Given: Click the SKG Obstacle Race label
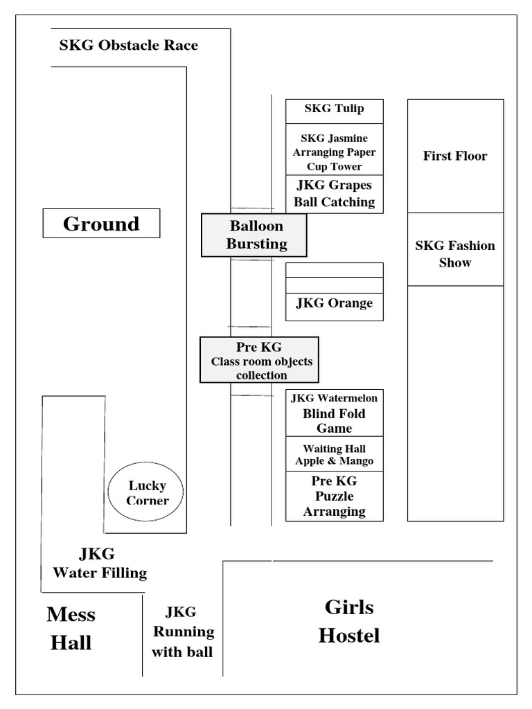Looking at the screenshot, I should [x=128, y=46].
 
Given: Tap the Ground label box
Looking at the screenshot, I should [x=101, y=224].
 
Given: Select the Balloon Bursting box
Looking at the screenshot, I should [x=254, y=235].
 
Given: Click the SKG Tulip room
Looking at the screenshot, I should [x=334, y=109].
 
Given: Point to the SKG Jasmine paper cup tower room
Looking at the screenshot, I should [x=334, y=152].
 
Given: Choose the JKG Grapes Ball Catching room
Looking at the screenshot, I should [x=334, y=194].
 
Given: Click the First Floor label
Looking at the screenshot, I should [x=455, y=156].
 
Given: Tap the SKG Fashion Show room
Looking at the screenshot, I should [x=455, y=253].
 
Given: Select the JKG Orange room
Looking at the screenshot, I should [x=334, y=303].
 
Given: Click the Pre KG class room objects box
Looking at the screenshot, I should [x=260, y=360].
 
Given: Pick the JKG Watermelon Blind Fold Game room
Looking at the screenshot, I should [x=334, y=413].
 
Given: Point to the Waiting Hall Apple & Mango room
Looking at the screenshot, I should [x=334, y=455].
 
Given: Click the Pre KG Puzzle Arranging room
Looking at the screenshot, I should [x=334, y=496].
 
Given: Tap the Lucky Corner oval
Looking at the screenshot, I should [x=146, y=493].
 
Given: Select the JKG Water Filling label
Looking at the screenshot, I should [x=99, y=563].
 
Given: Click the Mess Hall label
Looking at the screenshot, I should [x=71, y=629].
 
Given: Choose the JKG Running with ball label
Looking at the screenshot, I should [x=183, y=631].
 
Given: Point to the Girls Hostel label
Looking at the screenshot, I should [x=349, y=621].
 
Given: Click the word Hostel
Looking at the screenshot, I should [x=349, y=636].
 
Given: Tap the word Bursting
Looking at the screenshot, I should [x=256, y=244].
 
